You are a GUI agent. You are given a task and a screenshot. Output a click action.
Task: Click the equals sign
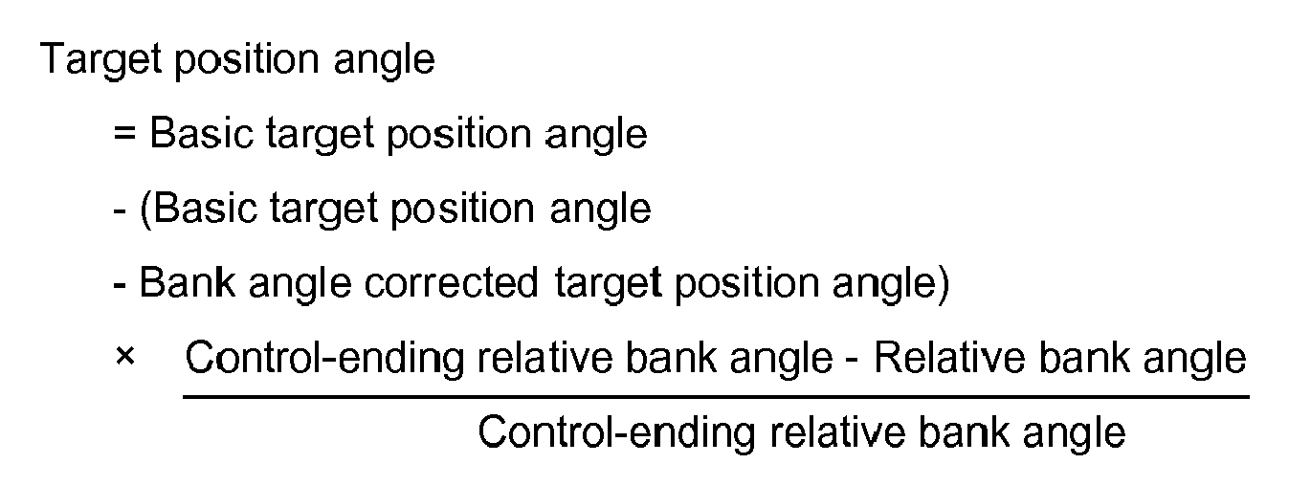124,133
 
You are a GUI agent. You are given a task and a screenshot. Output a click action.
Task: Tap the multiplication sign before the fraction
125,356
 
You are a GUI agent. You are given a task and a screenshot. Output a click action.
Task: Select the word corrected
451,282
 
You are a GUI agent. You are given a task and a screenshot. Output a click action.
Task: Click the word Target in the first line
100,59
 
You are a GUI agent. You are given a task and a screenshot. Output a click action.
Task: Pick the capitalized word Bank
188,282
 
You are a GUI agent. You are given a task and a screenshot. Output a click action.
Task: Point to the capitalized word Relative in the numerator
949,357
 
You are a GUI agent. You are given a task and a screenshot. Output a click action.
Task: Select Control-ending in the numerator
324,358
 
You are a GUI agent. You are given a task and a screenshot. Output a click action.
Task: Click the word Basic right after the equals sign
201,133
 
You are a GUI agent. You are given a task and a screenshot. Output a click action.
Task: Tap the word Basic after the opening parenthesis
206,208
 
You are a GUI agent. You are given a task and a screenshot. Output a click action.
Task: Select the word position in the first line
247,60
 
